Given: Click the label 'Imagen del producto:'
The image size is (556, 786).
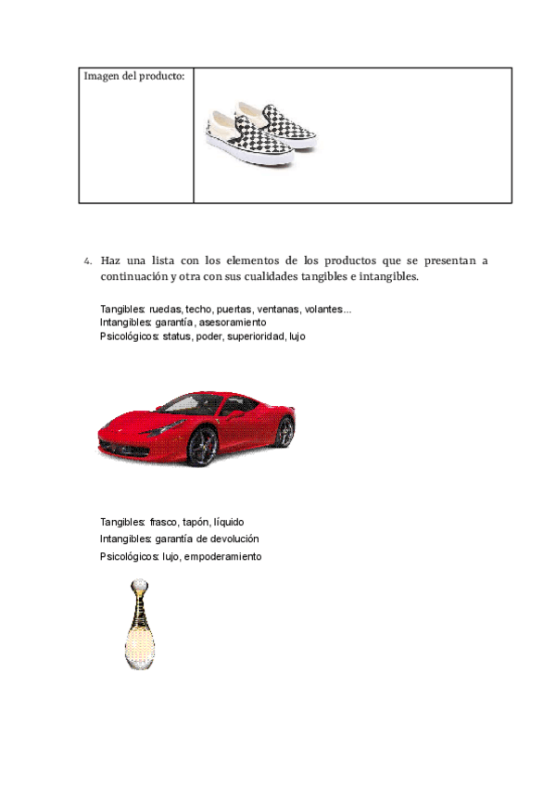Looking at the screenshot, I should tap(133, 76).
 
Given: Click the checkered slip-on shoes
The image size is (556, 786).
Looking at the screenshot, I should tap(262, 133).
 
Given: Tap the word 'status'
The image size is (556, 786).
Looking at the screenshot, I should tap(177, 336).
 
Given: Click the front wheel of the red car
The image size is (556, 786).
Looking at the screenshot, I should tap(203, 447).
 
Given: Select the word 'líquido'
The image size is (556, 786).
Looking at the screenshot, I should tap(229, 522).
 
